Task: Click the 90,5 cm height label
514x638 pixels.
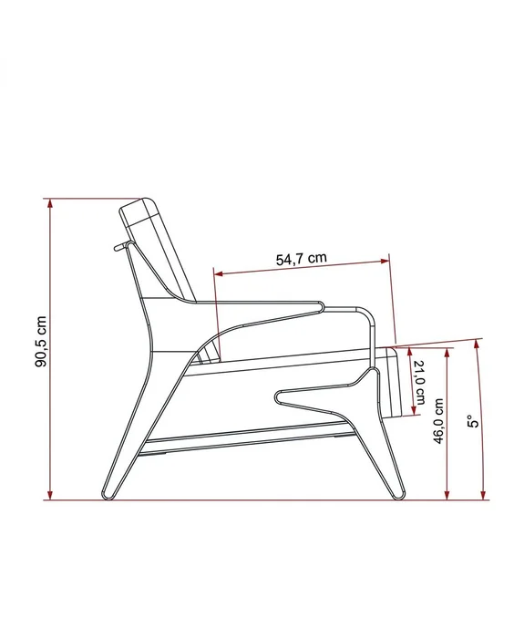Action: click(x=41, y=342)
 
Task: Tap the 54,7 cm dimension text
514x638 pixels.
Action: click(x=301, y=258)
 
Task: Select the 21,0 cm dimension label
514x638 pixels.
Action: click(x=419, y=383)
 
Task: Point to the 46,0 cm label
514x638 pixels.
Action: click(x=438, y=421)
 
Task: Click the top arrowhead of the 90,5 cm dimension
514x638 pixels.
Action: click(x=50, y=203)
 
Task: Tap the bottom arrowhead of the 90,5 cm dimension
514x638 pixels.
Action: click(x=50, y=494)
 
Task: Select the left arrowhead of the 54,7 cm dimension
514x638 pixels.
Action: click(x=219, y=273)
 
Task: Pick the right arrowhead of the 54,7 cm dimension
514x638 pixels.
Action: click(x=385, y=262)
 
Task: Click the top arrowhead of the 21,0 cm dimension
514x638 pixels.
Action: click(x=409, y=352)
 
